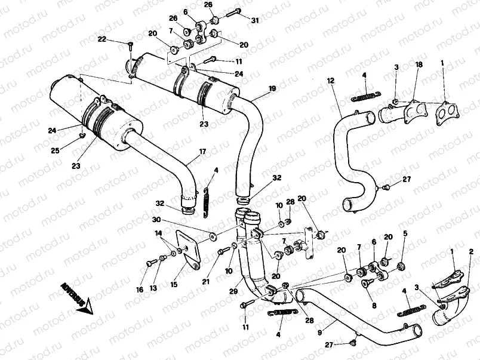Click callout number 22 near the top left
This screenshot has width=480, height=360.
coord(102,39)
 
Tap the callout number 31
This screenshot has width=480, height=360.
coord(255,21)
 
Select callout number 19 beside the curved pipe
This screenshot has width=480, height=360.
coord(272,89)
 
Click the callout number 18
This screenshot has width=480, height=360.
coord(419,64)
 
